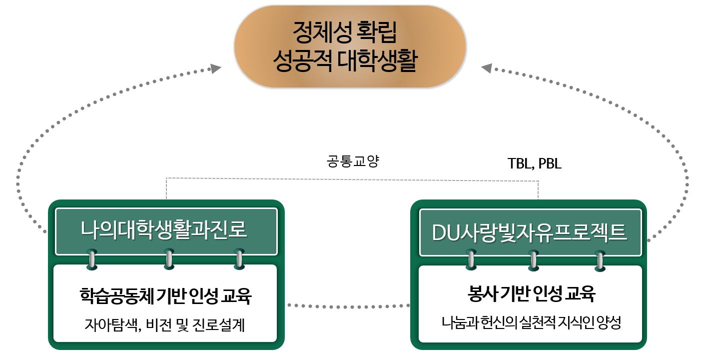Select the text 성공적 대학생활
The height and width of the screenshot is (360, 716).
(345, 62)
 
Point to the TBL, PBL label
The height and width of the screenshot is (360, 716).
(534, 163)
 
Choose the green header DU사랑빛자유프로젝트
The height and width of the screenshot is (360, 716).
(529, 232)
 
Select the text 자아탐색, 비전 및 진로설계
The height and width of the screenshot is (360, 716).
(165, 325)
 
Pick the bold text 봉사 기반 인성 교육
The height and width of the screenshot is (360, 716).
(530, 294)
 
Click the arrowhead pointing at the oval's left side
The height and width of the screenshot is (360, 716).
(215, 68)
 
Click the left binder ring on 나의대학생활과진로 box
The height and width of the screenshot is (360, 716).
(91, 259)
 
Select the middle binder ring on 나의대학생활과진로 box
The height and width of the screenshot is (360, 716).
(169, 259)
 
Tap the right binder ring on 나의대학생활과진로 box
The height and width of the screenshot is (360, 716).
(239, 259)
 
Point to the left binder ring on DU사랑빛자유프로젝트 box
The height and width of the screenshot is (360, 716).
(471, 259)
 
